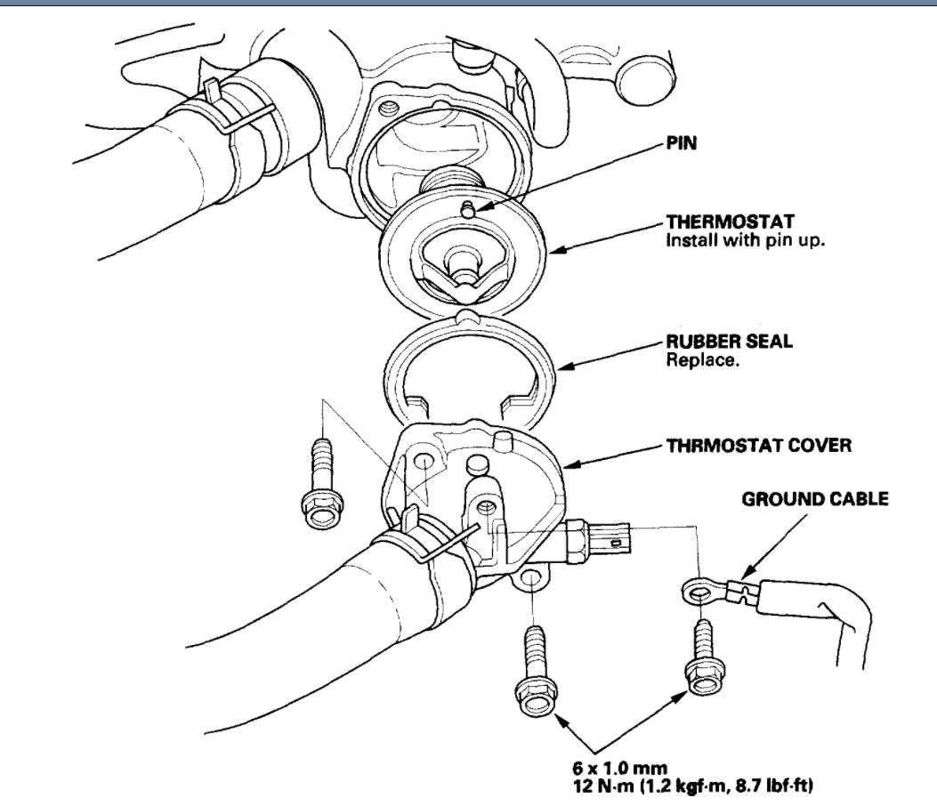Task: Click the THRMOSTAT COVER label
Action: (759, 446)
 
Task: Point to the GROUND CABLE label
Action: (815, 499)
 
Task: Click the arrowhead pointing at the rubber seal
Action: (560, 366)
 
